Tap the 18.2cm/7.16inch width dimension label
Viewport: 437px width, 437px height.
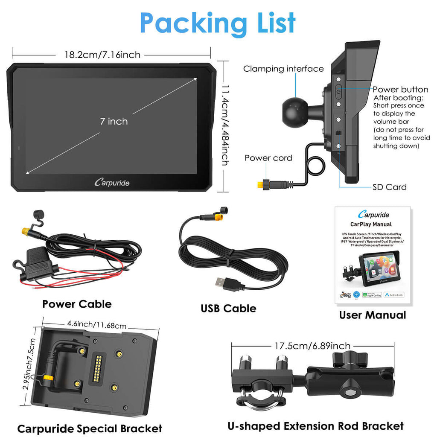[102, 55]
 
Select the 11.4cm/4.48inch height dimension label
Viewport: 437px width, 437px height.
[225, 125]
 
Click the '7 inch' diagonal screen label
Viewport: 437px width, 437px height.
[114, 122]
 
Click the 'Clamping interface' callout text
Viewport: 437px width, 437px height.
[283, 69]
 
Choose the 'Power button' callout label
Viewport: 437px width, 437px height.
[400, 90]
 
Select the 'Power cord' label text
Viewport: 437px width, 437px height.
[268, 158]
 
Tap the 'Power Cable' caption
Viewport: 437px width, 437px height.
[77, 304]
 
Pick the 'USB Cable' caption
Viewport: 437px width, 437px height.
[229, 309]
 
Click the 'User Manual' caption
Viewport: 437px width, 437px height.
[373, 315]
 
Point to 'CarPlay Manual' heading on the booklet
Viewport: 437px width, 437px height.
[371, 224]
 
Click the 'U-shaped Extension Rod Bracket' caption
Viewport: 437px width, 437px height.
[315, 426]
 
